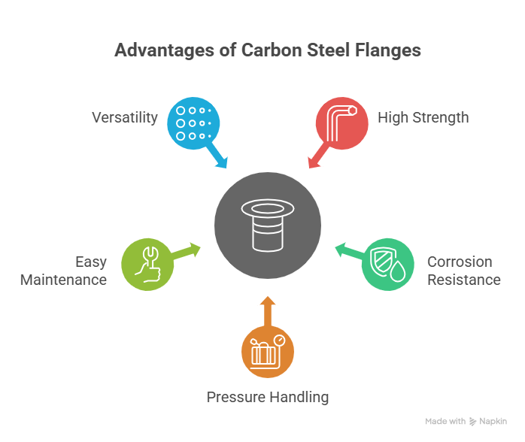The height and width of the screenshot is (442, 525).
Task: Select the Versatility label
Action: [x=125, y=118]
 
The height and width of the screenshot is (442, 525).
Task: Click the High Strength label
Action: [x=423, y=117]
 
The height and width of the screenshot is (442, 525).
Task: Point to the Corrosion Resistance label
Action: [x=463, y=271]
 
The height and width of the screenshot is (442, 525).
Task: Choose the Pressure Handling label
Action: [x=268, y=397]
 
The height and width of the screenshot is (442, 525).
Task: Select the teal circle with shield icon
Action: [x=388, y=263]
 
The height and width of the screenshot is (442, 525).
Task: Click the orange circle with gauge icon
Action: [x=268, y=351]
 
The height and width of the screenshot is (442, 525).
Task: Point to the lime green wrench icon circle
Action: [x=147, y=264]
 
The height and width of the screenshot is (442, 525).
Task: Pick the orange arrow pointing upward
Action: [x=268, y=308]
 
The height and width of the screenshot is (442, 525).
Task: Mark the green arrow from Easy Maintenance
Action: [x=187, y=250]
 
